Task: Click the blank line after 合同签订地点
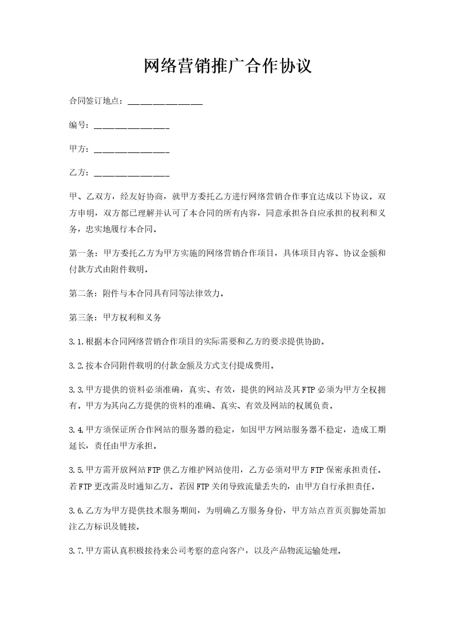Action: click(x=165, y=102)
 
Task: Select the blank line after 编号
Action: click(x=131, y=126)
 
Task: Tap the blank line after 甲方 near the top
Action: click(x=131, y=150)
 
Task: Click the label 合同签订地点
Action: click(x=95, y=101)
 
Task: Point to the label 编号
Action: click(x=78, y=126)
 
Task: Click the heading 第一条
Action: click(x=81, y=253)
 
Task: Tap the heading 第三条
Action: click(x=81, y=316)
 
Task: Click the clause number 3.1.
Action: click(x=76, y=342)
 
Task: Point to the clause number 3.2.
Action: click(x=76, y=365)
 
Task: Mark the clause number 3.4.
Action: click(x=76, y=429)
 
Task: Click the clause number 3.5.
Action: click(x=76, y=470)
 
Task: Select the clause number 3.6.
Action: click(x=76, y=510)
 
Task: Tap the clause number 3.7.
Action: click(x=76, y=551)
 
